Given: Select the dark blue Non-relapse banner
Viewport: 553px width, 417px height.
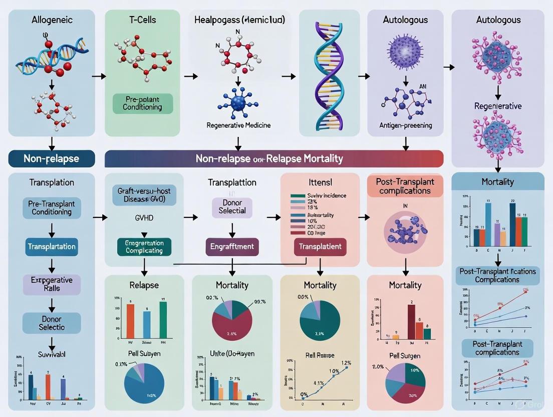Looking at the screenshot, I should tap(51, 159).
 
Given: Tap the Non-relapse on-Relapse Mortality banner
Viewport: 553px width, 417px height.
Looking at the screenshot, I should tap(273, 159).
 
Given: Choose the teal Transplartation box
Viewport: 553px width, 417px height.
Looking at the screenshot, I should tap(52, 247).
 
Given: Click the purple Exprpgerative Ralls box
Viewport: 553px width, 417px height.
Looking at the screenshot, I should tap(52, 284).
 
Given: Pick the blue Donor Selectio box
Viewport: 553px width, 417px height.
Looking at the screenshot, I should tap(52, 323).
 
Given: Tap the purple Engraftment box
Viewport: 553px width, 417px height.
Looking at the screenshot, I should tap(232, 246).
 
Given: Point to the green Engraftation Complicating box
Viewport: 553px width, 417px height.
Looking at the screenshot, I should tap(144, 246).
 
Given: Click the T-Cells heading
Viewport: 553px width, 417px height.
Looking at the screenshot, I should tap(142, 20).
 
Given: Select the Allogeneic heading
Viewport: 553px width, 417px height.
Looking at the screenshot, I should tap(52, 20).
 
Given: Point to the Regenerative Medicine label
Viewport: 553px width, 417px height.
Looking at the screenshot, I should tap(238, 125).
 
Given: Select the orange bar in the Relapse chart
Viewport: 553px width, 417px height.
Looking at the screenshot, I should tap(131, 321).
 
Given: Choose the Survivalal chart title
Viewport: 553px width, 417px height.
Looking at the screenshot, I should tap(52, 354).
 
